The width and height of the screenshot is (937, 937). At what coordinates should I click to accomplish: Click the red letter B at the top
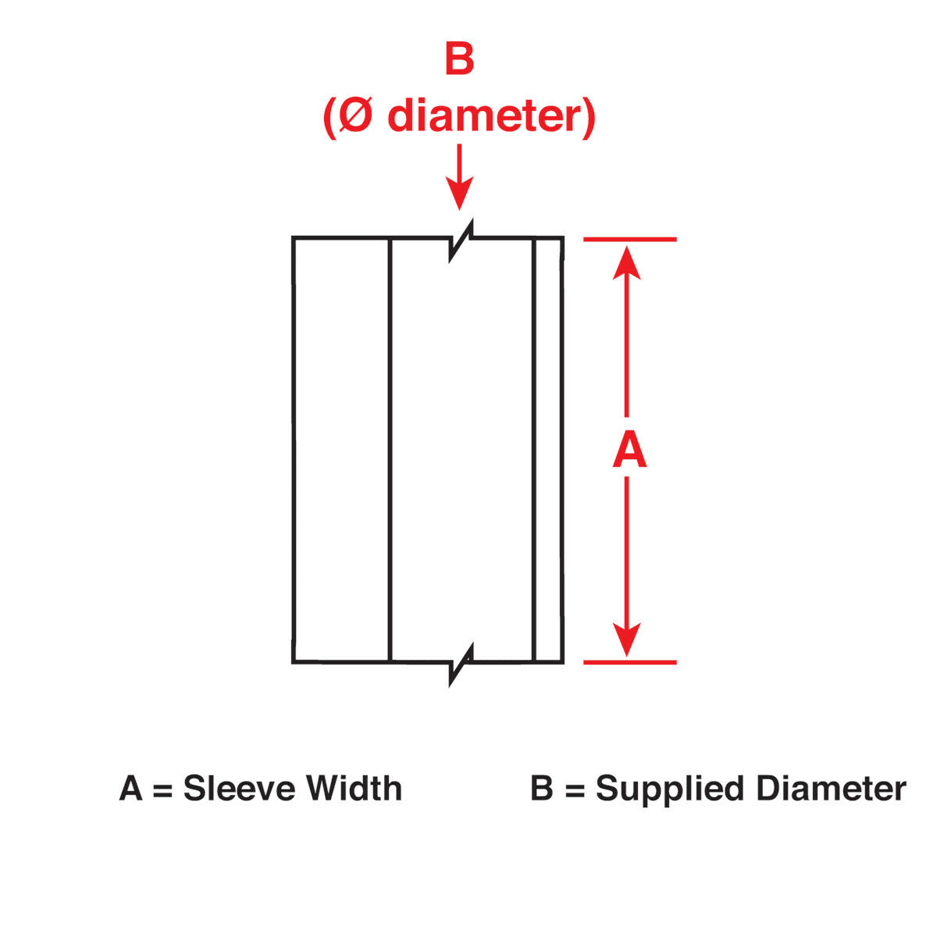coord(459,60)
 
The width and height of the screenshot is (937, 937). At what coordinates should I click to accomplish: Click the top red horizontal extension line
coord(629,239)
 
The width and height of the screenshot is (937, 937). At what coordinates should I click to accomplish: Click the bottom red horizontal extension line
coord(629,662)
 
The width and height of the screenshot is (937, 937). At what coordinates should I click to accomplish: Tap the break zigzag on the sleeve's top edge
coord(461,238)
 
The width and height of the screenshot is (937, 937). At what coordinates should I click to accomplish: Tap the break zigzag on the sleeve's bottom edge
coord(461,663)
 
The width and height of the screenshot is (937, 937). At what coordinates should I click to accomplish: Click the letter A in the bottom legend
coord(130,789)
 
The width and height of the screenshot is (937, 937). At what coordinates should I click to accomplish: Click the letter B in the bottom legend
coord(541,789)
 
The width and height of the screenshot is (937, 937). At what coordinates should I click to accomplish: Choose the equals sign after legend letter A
coord(162,789)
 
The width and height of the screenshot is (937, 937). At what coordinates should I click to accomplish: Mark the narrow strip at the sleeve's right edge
coord(547,450)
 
